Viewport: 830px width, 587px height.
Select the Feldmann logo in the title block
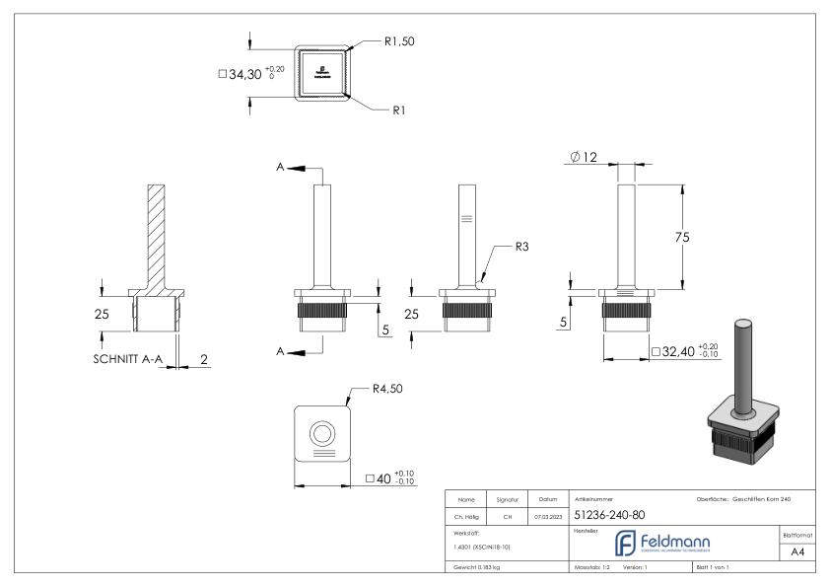(661, 543)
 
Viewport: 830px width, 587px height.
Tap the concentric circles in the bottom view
(322, 433)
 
